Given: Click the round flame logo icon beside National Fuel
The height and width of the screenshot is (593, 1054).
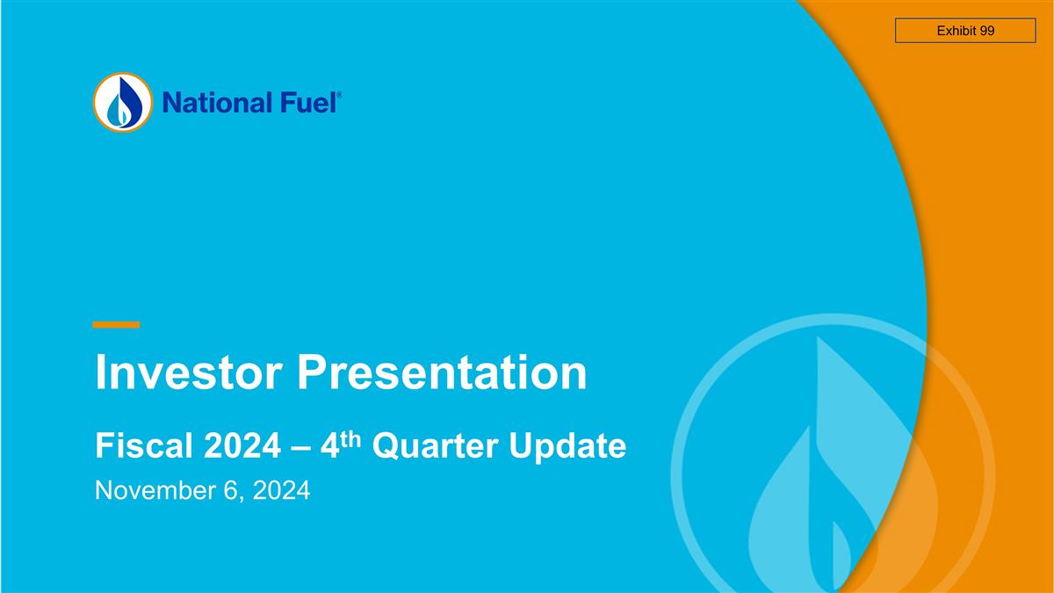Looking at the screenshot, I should pos(122,103).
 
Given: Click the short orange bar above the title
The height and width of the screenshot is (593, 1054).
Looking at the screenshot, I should pos(116,325).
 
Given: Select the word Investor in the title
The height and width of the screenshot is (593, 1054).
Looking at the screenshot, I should pos(188,372).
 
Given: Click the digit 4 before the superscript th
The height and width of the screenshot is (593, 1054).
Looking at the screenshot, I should pos(329,447).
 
